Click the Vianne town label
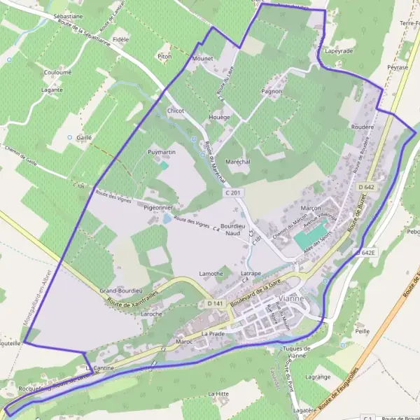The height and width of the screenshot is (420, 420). coord(291,297)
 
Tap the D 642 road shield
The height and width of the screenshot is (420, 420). coord(366,188)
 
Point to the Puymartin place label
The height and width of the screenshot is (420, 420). coord(161,152)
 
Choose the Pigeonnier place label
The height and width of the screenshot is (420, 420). coord(157,208)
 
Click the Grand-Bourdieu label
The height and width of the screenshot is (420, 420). coord(121,290)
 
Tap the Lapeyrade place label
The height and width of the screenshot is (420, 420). coord(339,51)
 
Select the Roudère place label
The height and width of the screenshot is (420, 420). coord(362,127)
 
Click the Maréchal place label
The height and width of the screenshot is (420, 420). coord(238,162)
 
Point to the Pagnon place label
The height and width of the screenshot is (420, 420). coord(271,91)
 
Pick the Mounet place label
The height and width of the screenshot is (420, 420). coord(202,59)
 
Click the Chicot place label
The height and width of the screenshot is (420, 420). coord(176,111)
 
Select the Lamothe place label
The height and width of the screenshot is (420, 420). coord(211,273)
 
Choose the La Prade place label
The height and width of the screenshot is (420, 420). coord(212,334)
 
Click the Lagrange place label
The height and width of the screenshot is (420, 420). coord(318,376)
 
